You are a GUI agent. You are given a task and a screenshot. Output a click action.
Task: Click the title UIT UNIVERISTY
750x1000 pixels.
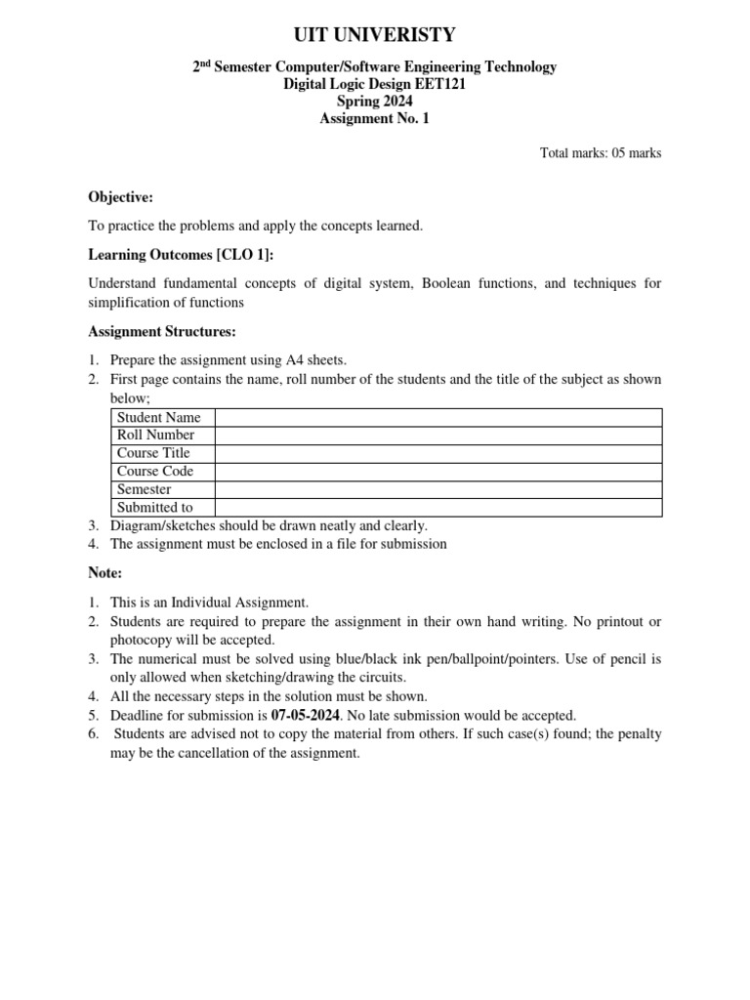point(375,35)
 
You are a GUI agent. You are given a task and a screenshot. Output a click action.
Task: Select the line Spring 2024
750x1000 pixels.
point(375,102)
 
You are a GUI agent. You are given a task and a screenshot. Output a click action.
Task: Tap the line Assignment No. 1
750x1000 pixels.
point(375,119)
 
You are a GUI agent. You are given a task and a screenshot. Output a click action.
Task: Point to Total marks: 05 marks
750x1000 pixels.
point(601,153)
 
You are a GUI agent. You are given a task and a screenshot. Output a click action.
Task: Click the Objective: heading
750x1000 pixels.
point(121,197)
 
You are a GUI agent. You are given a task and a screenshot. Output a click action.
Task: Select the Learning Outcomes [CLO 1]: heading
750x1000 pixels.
point(182,255)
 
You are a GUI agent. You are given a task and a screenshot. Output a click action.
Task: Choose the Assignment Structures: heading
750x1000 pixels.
point(162,331)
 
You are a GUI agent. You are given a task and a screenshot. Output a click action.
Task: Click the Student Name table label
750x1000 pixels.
point(158,418)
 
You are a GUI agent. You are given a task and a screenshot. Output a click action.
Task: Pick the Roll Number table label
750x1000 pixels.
point(155,436)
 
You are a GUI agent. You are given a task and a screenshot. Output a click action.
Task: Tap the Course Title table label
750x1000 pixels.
point(153,453)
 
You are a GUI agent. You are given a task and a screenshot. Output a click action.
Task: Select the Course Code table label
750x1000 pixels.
point(155,472)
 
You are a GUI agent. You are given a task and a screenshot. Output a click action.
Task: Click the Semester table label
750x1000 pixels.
point(144,489)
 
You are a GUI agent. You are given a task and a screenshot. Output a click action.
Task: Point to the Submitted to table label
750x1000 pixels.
point(154,508)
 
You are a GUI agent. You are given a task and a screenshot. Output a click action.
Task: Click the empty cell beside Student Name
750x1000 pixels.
point(437,418)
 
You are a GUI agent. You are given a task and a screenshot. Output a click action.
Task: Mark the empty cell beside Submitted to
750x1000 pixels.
point(437,508)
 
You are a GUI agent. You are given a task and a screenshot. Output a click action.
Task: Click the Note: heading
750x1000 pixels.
point(105,573)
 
